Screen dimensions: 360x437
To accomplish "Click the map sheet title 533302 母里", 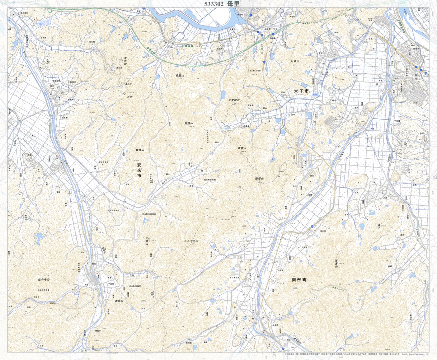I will click(221, 4).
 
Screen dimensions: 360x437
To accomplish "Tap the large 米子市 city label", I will click(301, 92).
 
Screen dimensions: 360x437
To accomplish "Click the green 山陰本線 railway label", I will click(187, 46).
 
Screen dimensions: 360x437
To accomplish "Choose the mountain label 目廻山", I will click(179, 76).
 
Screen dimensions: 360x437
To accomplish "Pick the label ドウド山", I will click(254, 71).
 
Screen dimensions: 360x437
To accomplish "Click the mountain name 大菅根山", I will click(234, 100).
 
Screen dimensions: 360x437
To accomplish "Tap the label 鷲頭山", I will click(189, 123).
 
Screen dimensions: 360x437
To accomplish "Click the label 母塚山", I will click(259, 178).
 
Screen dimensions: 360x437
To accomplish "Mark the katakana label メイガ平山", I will click(191, 241).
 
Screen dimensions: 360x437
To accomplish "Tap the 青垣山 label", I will click(119, 301).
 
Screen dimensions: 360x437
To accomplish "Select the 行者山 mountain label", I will click(295, 61).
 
